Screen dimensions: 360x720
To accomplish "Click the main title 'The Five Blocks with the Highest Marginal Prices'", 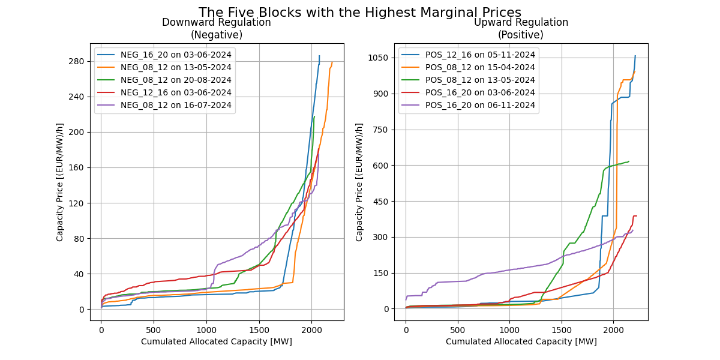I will pos(360,13).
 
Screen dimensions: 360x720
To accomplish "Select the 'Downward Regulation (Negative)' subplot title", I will pos(216,29).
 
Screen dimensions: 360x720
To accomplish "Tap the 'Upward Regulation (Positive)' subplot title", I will pos(521,29).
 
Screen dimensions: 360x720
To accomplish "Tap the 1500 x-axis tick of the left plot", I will pos(259,329).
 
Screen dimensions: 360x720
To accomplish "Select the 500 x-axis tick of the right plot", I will pos(458,329).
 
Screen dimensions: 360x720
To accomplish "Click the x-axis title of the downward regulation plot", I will pos(216,341).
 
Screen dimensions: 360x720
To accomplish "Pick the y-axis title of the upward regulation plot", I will pos(359,182).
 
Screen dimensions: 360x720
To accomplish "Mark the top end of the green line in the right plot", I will pos(629,161).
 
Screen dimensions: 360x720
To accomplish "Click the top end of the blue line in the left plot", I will pos(319,56).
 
